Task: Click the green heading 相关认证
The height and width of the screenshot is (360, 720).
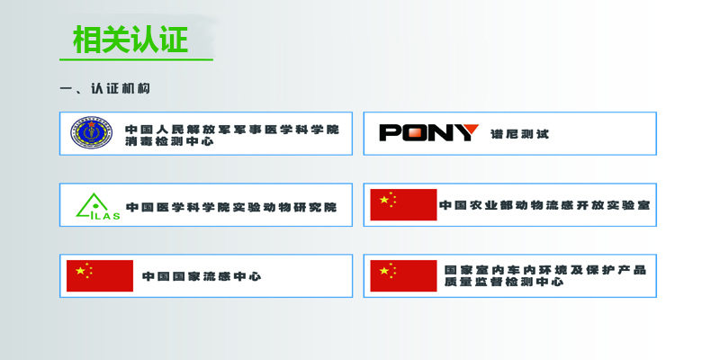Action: pyautogui.click(x=130, y=40)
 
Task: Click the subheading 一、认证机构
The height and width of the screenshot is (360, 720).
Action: pyautogui.click(x=105, y=88)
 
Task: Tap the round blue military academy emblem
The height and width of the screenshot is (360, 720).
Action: pyautogui.click(x=92, y=132)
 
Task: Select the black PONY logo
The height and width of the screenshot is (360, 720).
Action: pyautogui.click(x=429, y=132)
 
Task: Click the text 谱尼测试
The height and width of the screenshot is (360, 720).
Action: pyautogui.click(x=519, y=133)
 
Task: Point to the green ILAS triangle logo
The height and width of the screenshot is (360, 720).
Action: pyautogui.click(x=98, y=206)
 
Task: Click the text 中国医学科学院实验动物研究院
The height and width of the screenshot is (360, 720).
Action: pyautogui.click(x=231, y=207)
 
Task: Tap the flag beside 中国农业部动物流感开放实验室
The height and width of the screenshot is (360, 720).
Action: pyautogui.click(x=403, y=205)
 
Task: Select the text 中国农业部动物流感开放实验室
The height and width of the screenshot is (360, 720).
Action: pyautogui.click(x=544, y=205)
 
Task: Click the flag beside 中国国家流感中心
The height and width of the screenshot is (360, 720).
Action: pyautogui.click(x=100, y=275)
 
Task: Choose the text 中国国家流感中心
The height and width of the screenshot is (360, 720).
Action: pyautogui.click(x=202, y=276)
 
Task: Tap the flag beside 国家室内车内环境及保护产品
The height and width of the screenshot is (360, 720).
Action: pyautogui.click(x=403, y=275)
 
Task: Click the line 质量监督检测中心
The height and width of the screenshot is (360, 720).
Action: pyautogui.click(x=504, y=282)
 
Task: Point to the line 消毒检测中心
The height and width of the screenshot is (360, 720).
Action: pyautogui.click(x=169, y=141)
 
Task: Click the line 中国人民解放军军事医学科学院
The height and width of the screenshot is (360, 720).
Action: pyautogui.click(x=232, y=130)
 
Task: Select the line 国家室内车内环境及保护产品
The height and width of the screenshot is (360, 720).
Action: pyautogui.click(x=545, y=269)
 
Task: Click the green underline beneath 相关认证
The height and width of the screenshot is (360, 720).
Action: pyautogui.click(x=137, y=59)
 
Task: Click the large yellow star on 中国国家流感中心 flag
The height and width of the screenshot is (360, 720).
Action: pyautogui.click(x=80, y=271)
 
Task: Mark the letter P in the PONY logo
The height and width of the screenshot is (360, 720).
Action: pyautogui.click(x=390, y=132)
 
